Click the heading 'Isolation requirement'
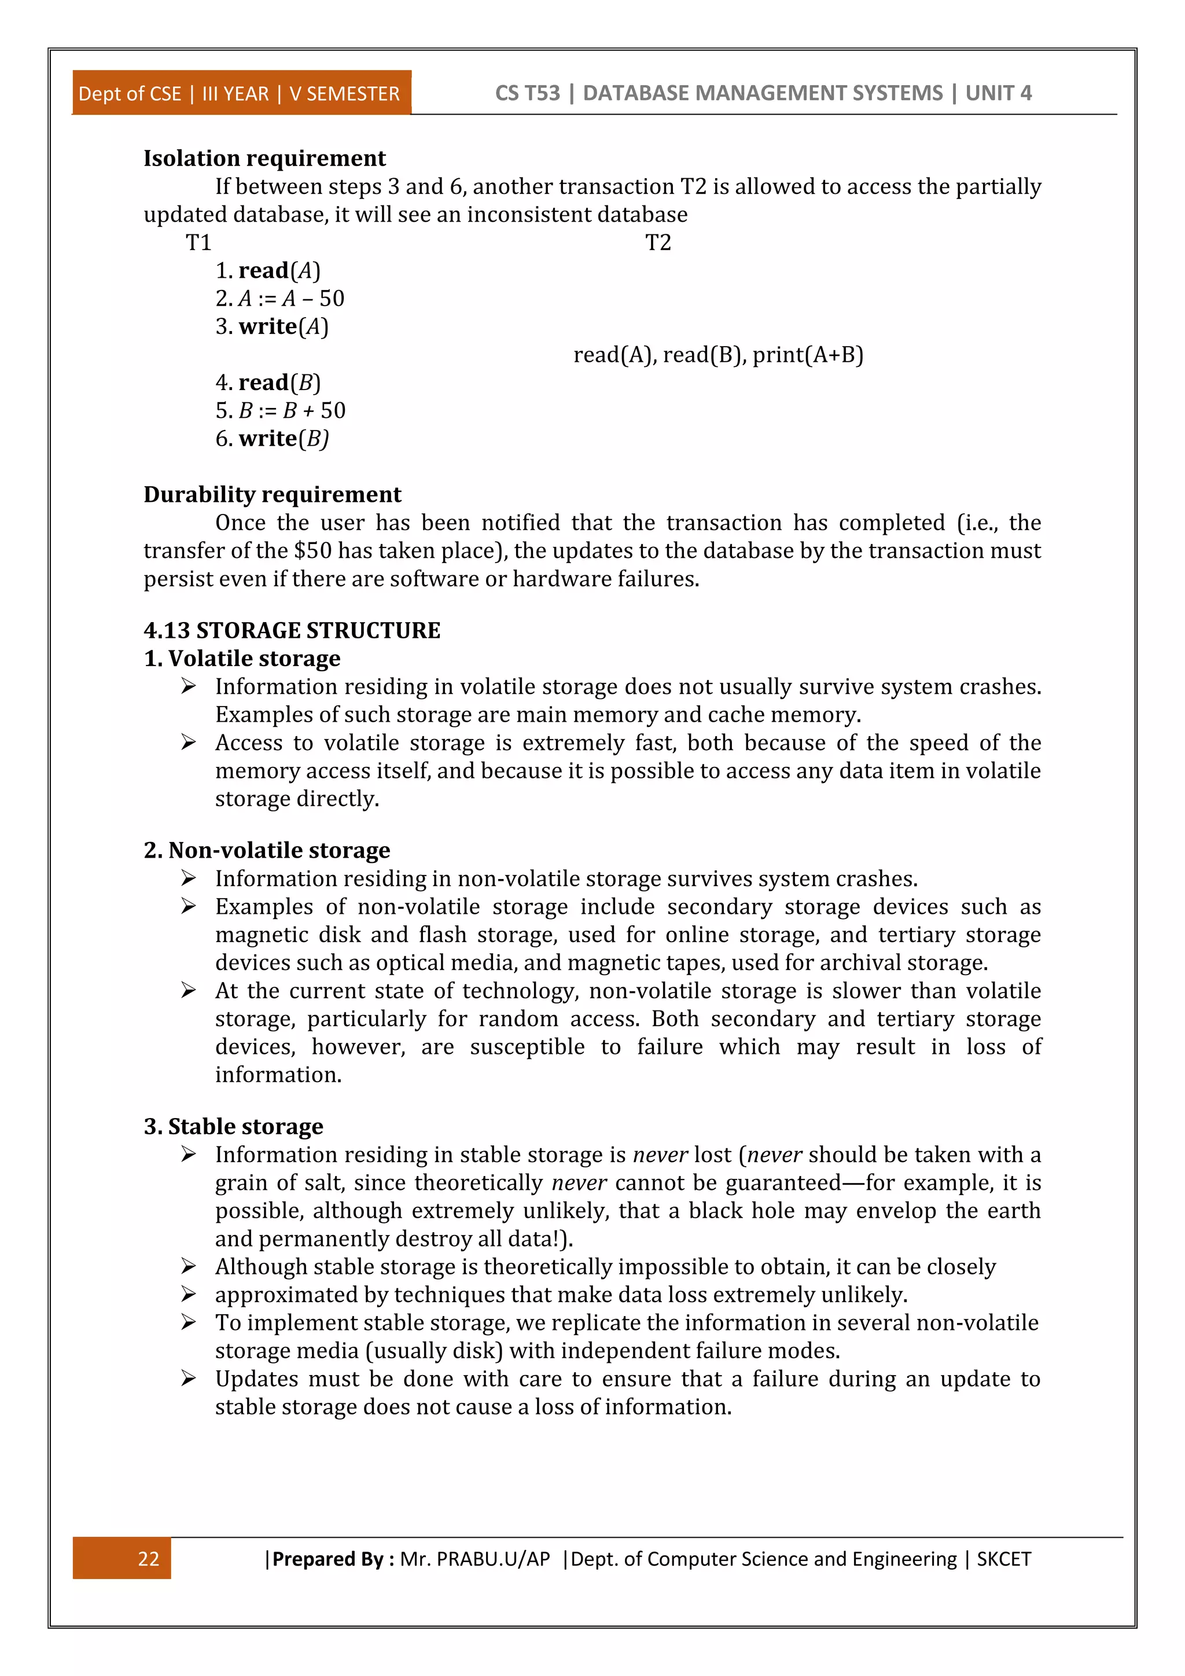pyautogui.click(x=264, y=159)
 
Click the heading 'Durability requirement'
pyautogui.click(x=272, y=495)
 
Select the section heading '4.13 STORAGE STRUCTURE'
pyautogui.click(x=292, y=631)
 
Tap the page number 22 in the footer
pyautogui.click(x=148, y=1559)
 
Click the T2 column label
pyautogui.click(x=657, y=242)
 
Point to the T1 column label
pyautogui.click(x=198, y=242)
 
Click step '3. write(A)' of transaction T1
pyautogui.click(x=272, y=326)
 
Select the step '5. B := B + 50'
pyautogui.click(x=280, y=410)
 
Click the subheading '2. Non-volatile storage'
pyautogui.click(x=266, y=850)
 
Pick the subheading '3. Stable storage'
pyautogui.click(x=234, y=1126)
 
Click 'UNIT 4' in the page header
pyautogui.click(x=998, y=93)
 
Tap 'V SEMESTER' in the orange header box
pyautogui.click(x=344, y=94)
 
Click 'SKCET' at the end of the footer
pyautogui.click(x=1003, y=1559)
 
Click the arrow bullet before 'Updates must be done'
pyautogui.click(x=188, y=1378)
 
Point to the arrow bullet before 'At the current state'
pyautogui.click(x=188, y=991)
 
